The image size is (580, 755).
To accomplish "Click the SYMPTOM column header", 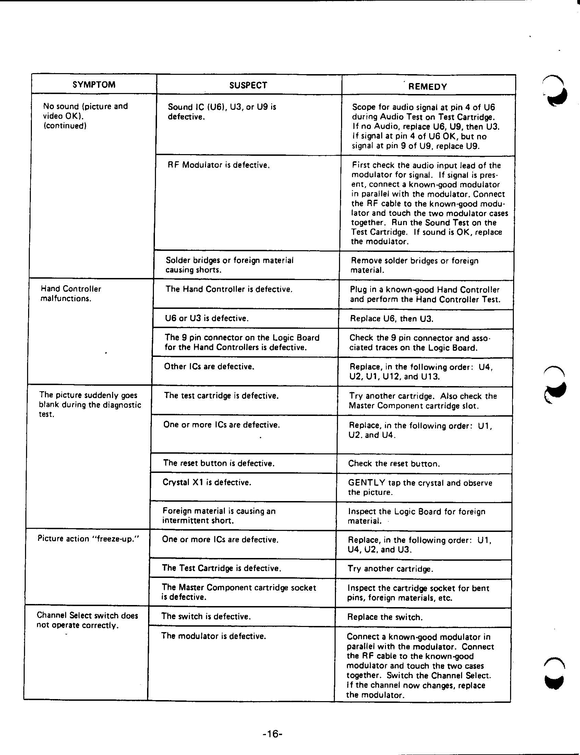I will coord(94,85).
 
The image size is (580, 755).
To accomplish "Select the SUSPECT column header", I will coord(248,85).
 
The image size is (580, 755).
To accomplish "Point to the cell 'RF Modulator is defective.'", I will coord(219,165).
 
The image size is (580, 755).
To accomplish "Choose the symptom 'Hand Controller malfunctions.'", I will coord(71,293).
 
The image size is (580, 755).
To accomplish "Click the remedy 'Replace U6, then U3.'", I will coord(391,318).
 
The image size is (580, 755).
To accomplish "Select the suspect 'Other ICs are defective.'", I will coord(209,366).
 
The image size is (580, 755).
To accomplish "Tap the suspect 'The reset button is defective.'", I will coord(219,463).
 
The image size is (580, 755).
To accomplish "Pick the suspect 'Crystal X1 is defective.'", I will coord(207,482).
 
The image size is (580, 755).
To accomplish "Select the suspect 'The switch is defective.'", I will coord(206,616).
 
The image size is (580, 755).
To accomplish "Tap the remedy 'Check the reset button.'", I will coord(394,463).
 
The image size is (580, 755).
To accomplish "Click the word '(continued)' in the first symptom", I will coord(64,125).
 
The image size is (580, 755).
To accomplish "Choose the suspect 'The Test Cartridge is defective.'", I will coord(221,568).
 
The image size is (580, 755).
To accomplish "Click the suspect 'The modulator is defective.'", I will coord(213,636).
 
